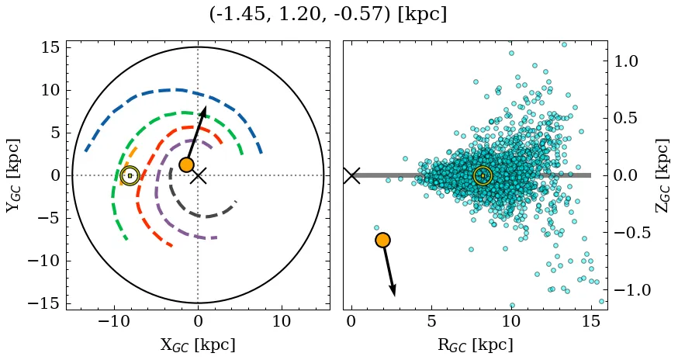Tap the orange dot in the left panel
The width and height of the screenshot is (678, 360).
[x=186, y=164]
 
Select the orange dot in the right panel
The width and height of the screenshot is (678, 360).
[x=382, y=240]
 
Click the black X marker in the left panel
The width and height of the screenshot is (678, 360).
[x=199, y=175]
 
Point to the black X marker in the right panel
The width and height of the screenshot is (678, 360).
[x=351, y=175]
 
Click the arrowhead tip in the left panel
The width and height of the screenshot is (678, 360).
[x=205, y=106]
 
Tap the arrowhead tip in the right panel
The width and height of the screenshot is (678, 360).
[x=395, y=296]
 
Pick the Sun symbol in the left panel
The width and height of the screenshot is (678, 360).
[x=130, y=175]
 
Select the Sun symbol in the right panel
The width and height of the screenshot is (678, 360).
[x=483, y=175]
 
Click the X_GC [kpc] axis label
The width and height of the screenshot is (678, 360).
[x=198, y=344]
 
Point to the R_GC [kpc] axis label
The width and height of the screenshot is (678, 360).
[x=475, y=344]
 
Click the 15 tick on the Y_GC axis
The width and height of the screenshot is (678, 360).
[x=50, y=47]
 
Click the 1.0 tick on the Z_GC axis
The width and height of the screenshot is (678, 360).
[x=626, y=61]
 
